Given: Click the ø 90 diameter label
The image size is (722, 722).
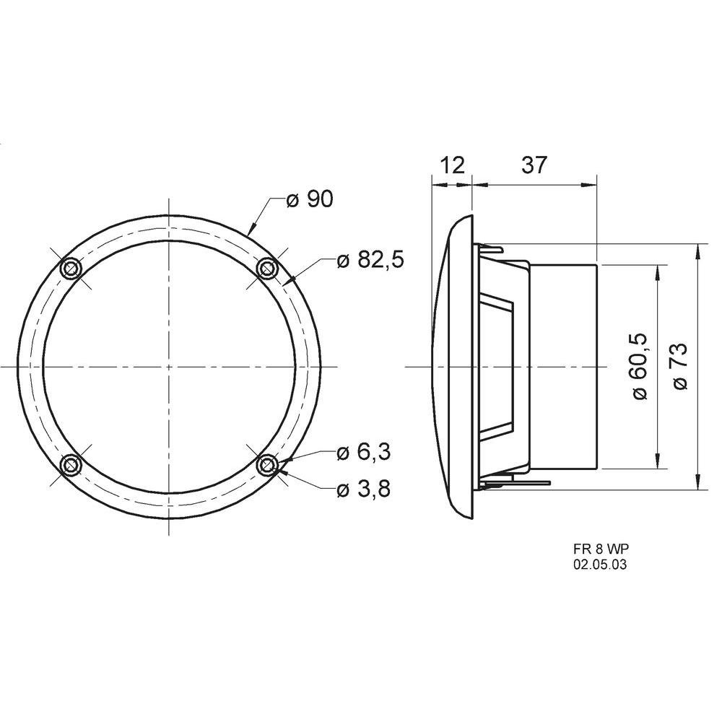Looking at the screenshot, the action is click(309, 199).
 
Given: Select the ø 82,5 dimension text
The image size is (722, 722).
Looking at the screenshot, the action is click(370, 260).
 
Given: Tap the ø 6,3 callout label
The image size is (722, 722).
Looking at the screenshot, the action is click(364, 453).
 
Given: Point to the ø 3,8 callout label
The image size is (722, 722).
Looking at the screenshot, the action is click(364, 490).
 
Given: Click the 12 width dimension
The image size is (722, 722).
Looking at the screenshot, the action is click(453, 165).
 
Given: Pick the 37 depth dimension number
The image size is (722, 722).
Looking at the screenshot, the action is click(534, 165).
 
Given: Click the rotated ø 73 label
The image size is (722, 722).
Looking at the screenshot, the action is click(681, 367).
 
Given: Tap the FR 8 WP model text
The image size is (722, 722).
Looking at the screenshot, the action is click(601, 549).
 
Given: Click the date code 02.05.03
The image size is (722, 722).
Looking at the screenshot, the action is click(600, 565).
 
